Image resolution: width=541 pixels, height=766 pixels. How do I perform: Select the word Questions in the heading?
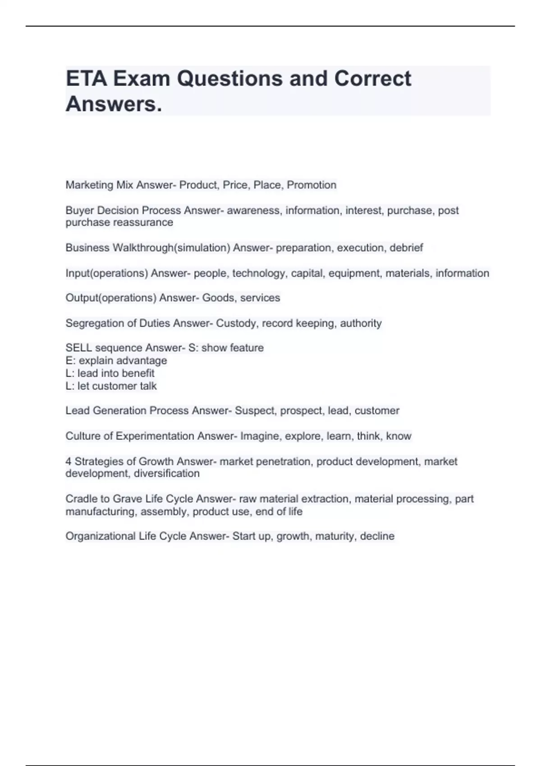tap(229, 79)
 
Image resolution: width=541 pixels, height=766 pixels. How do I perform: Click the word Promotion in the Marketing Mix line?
tap(312, 185)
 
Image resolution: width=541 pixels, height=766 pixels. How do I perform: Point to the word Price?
tap(235, 185)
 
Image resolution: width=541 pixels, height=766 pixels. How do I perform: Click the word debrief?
tap(406, 248)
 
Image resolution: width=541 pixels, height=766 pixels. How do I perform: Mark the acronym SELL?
tap(78, 348)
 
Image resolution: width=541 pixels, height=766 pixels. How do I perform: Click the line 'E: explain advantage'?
tap(116, 360)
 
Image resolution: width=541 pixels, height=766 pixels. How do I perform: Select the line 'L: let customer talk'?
tap(111, 386)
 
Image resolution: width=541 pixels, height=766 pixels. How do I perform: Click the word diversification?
tap(166, 474)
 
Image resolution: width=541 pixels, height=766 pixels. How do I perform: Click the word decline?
tap(377, 536)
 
